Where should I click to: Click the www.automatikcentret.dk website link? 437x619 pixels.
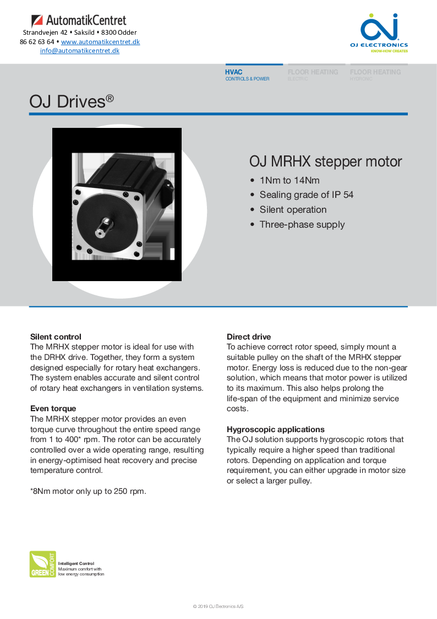(x=100, y=42)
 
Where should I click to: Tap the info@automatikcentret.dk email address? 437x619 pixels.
(x=80, y=51)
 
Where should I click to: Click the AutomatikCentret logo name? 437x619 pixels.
(x=86, y=21)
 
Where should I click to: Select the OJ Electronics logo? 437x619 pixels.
(x=379, y=33)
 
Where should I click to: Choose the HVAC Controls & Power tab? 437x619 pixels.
(x=248, y=75)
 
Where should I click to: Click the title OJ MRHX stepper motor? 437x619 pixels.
(x=325, y=162)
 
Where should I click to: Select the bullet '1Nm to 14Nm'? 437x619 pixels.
(x=289, y=180)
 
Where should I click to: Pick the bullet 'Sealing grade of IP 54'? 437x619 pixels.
(x=306, y=195)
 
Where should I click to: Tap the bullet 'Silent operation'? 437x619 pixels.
(x=293, y=209)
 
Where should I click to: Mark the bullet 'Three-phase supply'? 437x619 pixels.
(x=302, y=224)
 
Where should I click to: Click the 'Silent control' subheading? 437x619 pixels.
(x=56, y=337)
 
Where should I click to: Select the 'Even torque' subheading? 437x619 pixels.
(x=53, y=408)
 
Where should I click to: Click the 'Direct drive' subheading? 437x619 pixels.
(x=249, y=337)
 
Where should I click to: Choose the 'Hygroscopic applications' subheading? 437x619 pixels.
(x=276, y=429)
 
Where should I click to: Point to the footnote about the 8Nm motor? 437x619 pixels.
(x=88, y=491)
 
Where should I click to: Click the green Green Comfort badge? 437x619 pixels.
(x=42, y=564)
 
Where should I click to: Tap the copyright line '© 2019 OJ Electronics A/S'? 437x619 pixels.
(x=218, y=606)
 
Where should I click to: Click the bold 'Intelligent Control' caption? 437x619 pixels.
(x=76, y=563)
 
